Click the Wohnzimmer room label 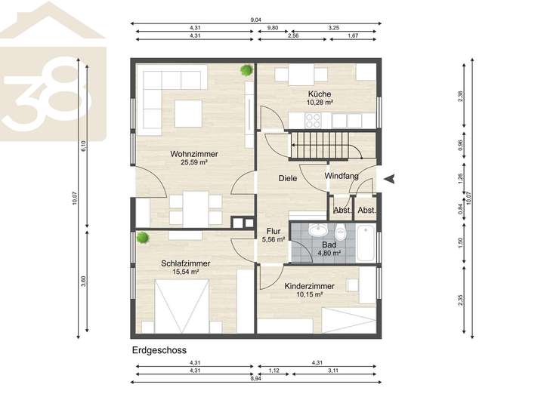coord(194,154)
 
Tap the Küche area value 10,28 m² coord(320,102)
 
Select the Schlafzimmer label coord(186,263)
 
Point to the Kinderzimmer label coord(310,286)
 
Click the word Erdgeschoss coord(159,350)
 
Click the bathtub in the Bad coord(366,243)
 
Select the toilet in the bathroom coord(340,232)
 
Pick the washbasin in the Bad coord(317,230)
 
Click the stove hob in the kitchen coord(313,120)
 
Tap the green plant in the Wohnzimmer coord(246,70)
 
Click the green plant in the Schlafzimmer coord(143,238)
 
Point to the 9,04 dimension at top coord(255,20)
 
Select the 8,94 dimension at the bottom coord(255,379)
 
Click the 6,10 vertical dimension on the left coord(83,146)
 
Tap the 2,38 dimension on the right coord(460,96)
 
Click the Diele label coord(288,178)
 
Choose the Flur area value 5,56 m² coord(274,239)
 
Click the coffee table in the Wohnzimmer coord(188,113)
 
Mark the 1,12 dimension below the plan coord(274,371)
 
